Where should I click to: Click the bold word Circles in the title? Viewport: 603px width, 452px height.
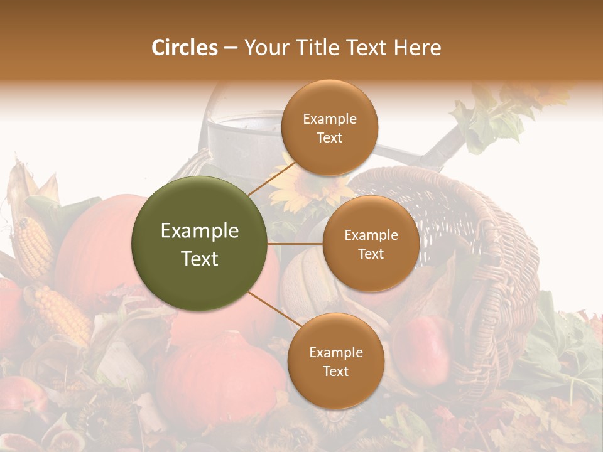[184, 48]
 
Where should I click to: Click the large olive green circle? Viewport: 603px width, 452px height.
[200, 244]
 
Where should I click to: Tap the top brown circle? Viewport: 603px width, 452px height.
[329, 128]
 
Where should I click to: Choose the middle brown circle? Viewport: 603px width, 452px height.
[371, 244]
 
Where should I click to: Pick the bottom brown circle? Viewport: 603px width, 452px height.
[335, 361]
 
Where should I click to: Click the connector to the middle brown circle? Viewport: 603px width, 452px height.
[295, 244]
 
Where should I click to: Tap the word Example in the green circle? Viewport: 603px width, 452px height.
[200, 230]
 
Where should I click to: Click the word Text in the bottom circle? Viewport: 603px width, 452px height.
[335, 371]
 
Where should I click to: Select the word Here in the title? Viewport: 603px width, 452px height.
[419, 48]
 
